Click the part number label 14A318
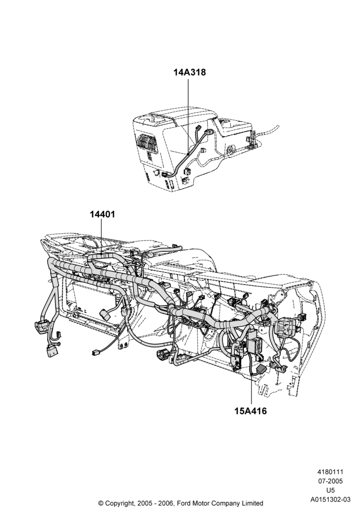(189, 72)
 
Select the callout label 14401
(102, 214)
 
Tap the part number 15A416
(250, 410)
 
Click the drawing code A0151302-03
(330, 500)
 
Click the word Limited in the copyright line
(253, 503)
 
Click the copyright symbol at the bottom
(101, 503)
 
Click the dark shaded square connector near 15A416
(261, 369)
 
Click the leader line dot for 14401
(102, 253)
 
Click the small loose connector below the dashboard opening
(95, 353)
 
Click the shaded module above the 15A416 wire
(254, 345)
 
